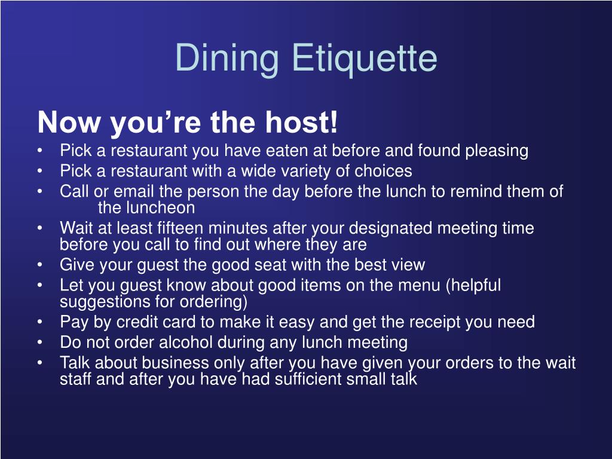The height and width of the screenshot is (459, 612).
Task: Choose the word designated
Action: [391, 228]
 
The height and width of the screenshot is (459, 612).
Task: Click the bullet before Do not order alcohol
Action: [39, 343]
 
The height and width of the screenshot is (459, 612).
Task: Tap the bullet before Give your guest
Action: [39, 265]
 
